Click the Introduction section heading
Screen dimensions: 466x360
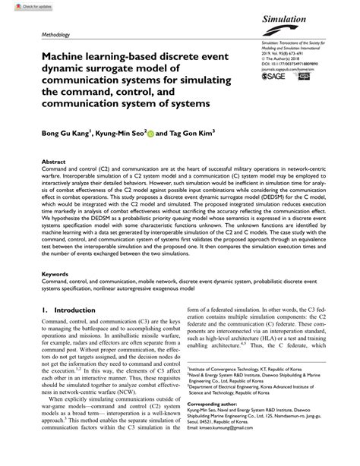pyautogui.click(x=72, y=332)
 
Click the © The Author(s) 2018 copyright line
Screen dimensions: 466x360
pyautogui.click(x=282, y=63)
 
